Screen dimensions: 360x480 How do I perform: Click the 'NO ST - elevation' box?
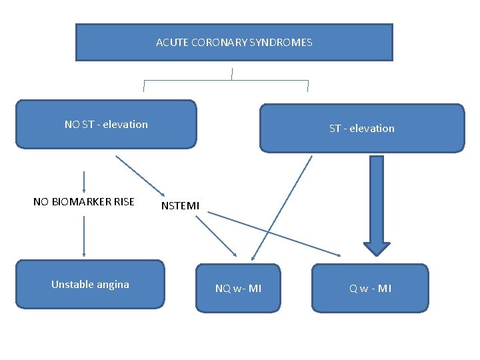click(x=106, y=124)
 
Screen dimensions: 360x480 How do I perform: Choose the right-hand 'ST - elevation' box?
click(x=361, y=128)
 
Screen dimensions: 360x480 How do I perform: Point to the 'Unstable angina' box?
click(x=90, y=285)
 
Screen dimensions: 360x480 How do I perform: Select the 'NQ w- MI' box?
click(x=238, y=288)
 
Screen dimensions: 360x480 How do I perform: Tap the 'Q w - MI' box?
click(x=371, y=288)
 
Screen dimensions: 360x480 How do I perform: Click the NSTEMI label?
click(x=180, y=206)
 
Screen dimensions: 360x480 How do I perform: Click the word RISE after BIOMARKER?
click(x=123, y=201)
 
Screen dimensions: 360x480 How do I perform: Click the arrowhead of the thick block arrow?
click(x=377, y=248)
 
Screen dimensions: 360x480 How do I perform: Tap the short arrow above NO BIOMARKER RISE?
click(x=84, y=181)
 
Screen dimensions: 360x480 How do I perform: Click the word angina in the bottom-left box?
click(x=113, y=285)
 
